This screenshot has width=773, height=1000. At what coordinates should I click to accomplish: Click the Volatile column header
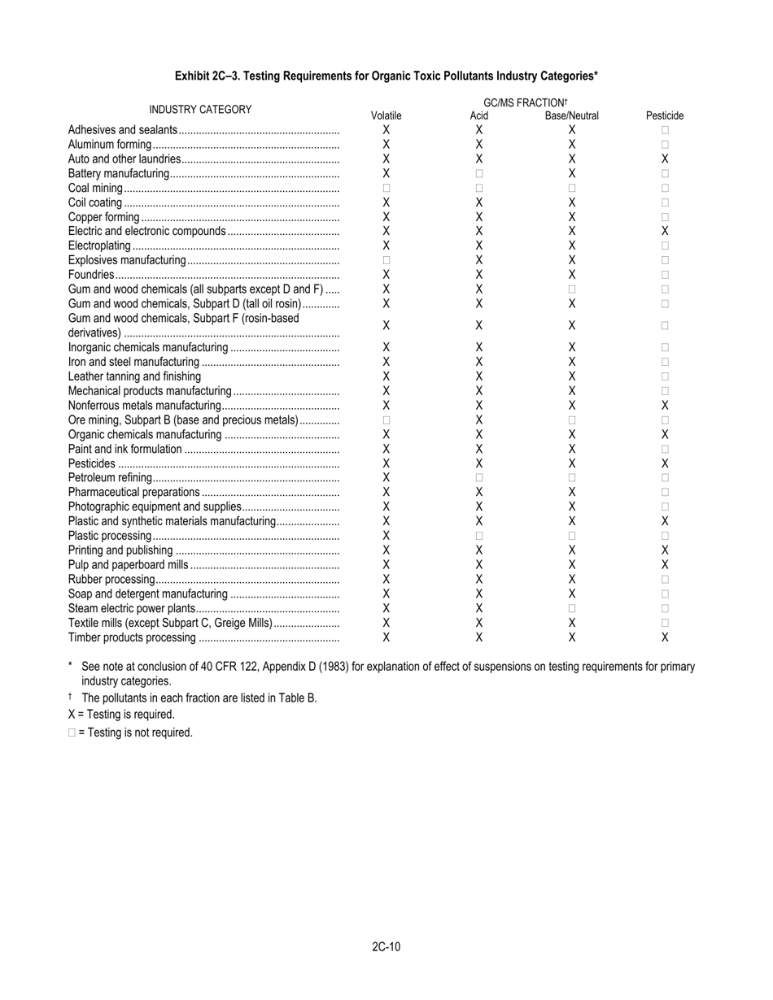pyautogui.click(x=386, y=116)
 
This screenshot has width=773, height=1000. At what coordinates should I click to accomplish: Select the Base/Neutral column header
pyautogui.click(x=571, y=116)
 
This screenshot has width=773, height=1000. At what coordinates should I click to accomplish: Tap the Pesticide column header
pyautogui.click(x=665, y=116)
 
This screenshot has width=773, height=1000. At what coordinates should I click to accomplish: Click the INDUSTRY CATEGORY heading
pyautogui.click(x=200, y=110)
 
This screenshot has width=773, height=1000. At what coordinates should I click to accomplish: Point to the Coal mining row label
pyautogui.click(x=95, y=189)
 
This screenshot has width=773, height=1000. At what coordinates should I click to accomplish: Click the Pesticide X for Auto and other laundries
pyautogui.click(x=665, y=159)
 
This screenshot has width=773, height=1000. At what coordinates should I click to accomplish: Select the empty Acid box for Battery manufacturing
pyautogui.click(x=479, y=174)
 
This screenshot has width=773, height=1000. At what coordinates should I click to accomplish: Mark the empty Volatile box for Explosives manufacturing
pyautogui.click(x=386, y=261)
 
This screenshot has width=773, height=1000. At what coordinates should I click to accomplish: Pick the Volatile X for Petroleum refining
pyautogui.click(x=386, y=478)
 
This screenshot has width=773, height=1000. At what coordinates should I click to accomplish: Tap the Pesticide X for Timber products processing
pyautogui.click(x=665, y=637)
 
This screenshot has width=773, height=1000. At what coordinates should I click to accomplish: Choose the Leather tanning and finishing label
pyautogui.click(x=134, y=376)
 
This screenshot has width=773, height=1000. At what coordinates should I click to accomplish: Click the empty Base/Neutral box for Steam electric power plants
pyautogui.click(x=572, y=608)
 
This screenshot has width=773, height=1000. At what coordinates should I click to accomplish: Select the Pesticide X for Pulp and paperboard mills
pyautogui.click(x=665, y=565)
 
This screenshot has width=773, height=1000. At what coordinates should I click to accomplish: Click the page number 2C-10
pyautogui.click(x=386, y=946)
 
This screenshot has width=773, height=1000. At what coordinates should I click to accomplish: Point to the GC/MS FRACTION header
pyautogui.click(x=525, y=103)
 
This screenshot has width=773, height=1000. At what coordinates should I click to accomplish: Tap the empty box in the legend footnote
pyautogui.click(x=72, y=733)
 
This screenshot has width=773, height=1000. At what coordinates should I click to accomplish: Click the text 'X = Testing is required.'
pyautogui.click(x=121, y=715)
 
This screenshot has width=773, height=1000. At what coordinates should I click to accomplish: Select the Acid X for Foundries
pyautogui.click(x=479, y=276)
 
